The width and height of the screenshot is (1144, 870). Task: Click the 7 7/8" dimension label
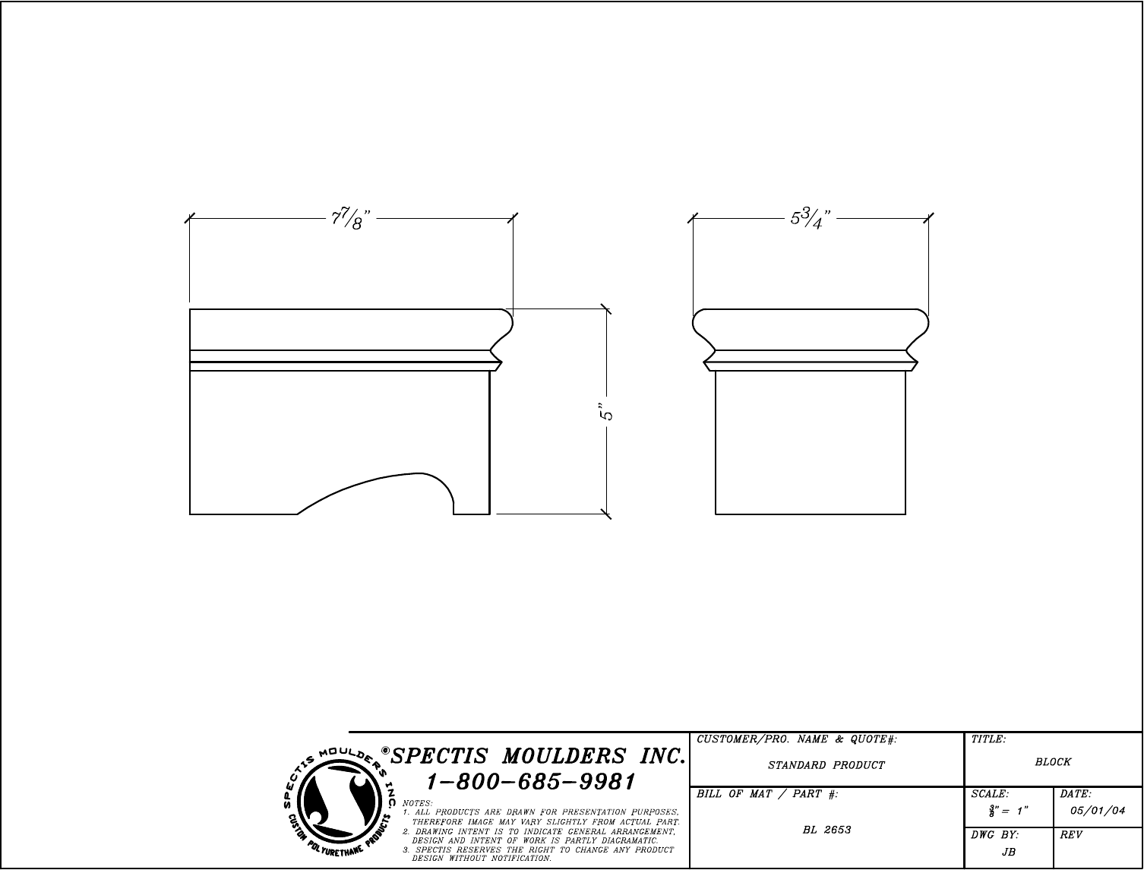click(351, 219)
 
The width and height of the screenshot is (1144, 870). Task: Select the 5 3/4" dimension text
click(811, 218)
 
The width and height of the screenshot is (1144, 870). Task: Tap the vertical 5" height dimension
click(607, 411)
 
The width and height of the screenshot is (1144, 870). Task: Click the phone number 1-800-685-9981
click(531, 782)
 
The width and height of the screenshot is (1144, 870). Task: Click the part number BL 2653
click(826, 830)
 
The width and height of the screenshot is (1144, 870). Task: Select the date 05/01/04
click(1098, 811)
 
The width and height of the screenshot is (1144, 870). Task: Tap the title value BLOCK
click(1053, 761)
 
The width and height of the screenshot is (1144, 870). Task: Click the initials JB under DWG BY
click(1009, 853)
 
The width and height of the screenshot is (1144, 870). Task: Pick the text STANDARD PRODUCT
click(826, 765)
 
